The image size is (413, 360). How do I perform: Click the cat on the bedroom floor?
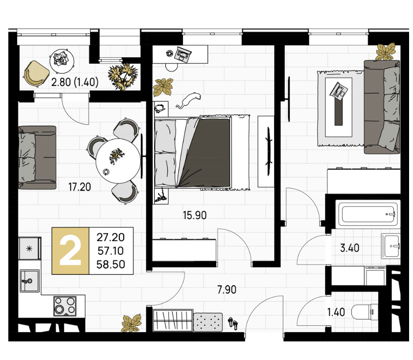click(188, 101)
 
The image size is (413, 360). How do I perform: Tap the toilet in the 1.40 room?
click(365, 312)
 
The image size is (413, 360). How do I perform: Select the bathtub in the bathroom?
click(368, 214)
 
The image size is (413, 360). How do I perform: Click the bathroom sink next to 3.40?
click(391, 246)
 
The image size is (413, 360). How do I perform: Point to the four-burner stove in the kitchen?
click(65, 306)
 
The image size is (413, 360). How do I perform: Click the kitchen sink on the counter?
click(29, 281)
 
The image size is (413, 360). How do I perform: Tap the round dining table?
click(118, 160)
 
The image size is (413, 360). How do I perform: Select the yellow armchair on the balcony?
click(36, 74)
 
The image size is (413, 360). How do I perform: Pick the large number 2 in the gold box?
click(70, 251)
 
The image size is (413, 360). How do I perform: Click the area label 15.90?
click(195, 215)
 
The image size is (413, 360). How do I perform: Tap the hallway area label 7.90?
click(227, 290)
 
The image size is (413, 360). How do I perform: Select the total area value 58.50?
click(111, 265)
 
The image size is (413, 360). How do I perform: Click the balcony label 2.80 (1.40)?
click(75, 82)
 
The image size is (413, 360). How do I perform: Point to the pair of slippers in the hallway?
click(233, 323)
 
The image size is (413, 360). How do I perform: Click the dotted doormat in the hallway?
click(208, 322)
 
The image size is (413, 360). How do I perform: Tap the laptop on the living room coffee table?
click(339, 91)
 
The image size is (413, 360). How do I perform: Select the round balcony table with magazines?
click(62, 61)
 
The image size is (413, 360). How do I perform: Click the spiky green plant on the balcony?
click(123, 76)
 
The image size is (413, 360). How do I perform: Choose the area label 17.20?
click(80, 187)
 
